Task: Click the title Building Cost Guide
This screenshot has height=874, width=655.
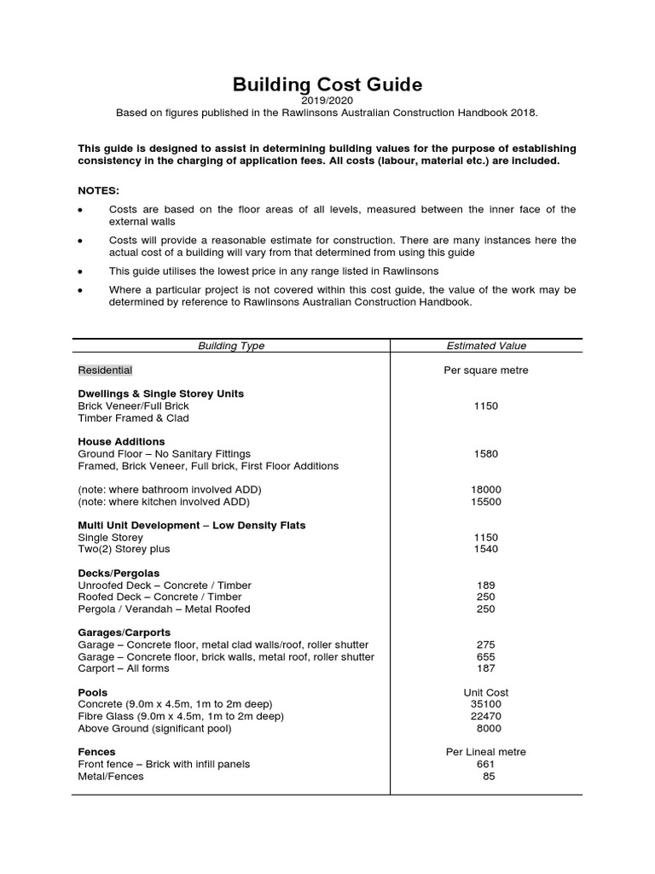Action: coord(327,84)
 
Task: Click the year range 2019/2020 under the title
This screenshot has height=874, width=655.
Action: coord(327,101)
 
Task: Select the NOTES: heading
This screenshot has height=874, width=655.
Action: coord(99,190)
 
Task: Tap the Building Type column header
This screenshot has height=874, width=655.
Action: coord(231,346)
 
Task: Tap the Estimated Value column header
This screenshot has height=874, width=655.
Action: coord(486,346)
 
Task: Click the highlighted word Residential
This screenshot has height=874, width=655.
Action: coord(105,370)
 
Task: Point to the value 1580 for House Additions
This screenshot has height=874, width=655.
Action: coord(486,454)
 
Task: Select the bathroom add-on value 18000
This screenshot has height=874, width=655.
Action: coord(486,490)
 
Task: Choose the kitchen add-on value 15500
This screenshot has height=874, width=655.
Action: coord(486,502)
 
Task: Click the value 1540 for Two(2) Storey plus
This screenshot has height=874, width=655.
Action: coord(486,550)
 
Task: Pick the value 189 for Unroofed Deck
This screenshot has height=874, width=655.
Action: coord(486,586)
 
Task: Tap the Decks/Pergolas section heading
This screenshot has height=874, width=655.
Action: coord(119,573)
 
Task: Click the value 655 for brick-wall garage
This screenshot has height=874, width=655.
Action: coord(486,657)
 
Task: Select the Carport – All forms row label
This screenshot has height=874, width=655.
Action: coord(124,669)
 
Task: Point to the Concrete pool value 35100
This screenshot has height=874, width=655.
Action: coord(486,705)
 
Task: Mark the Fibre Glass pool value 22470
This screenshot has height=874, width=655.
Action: coord(486,717)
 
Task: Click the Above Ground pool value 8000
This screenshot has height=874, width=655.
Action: coord(489,729)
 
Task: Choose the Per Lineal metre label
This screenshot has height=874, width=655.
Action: coord(486,752)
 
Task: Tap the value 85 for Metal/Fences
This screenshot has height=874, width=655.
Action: coord(489,777)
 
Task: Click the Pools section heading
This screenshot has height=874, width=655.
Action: coord(92,692)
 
